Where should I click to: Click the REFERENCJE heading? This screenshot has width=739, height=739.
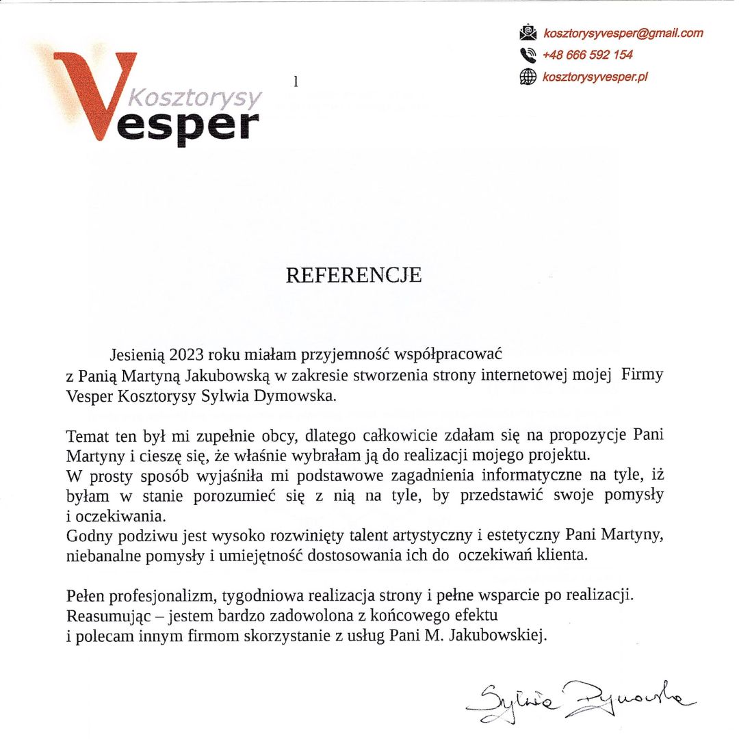353,275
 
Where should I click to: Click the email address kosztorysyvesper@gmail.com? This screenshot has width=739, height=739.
623,33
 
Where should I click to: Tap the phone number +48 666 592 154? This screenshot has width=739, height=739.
587,55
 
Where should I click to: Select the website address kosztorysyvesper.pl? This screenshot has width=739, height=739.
595,77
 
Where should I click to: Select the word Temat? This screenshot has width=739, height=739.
86,435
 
